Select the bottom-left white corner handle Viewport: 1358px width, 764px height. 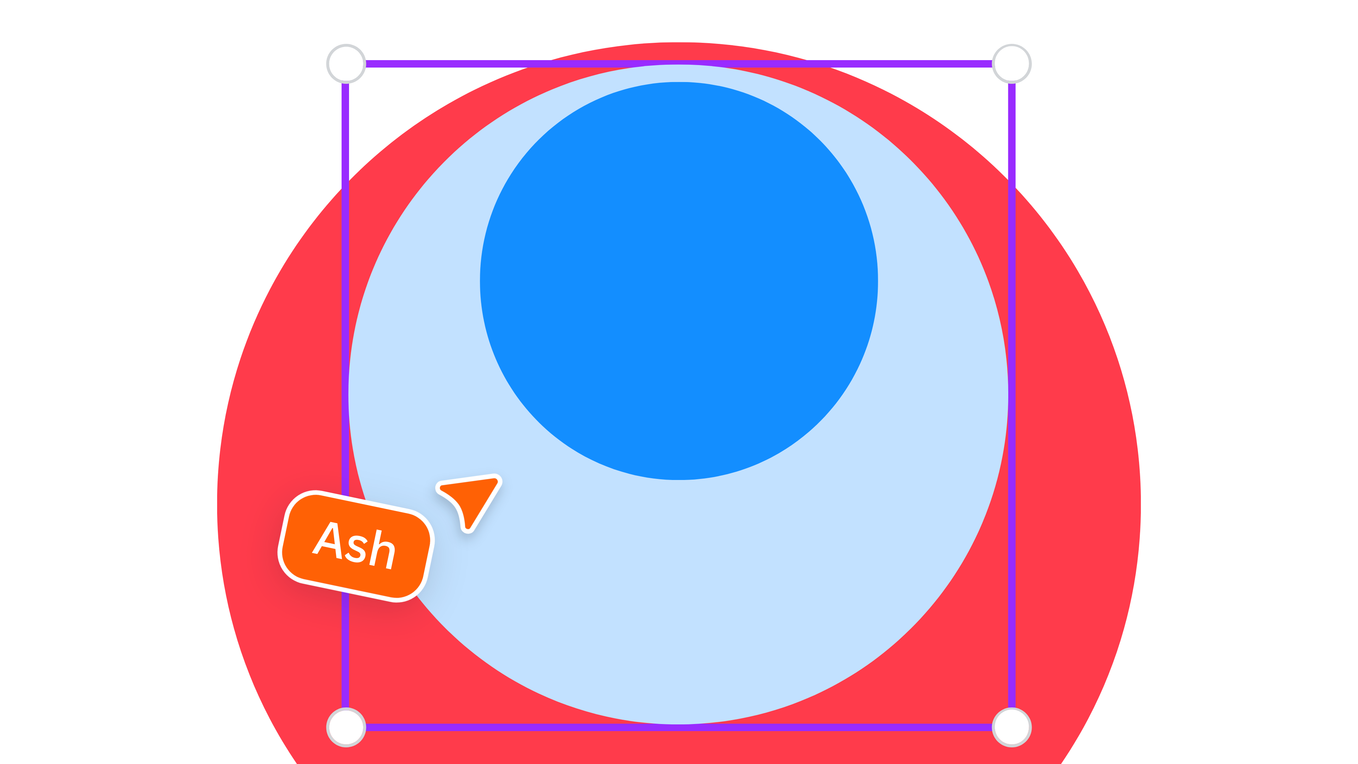click(346, 728)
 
